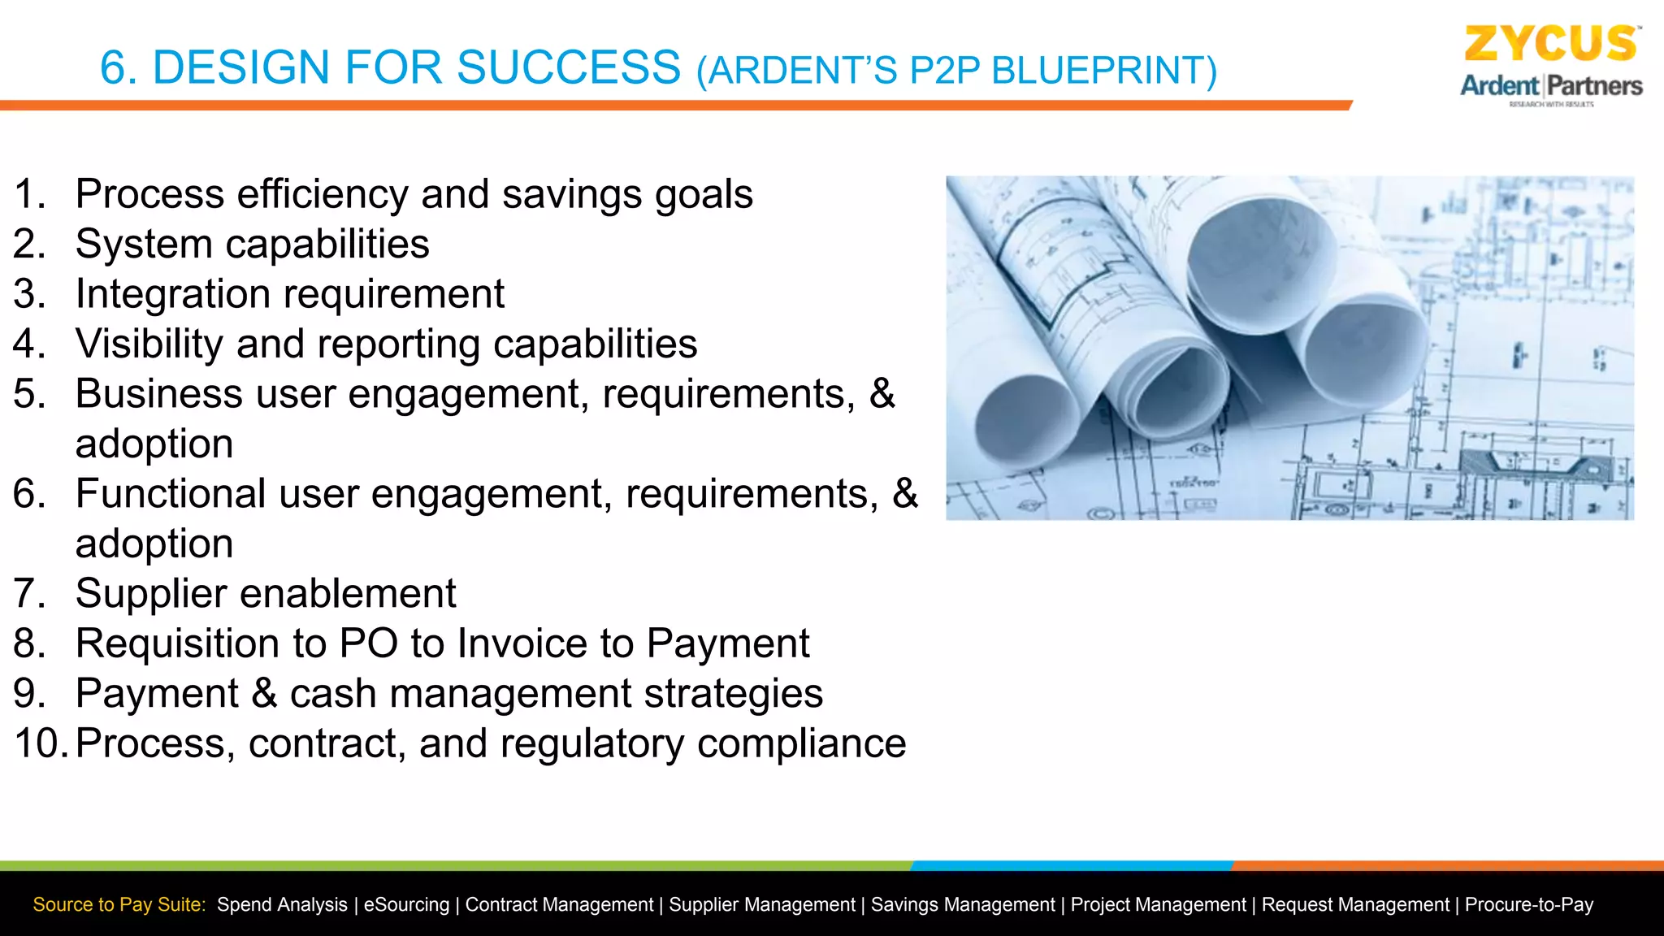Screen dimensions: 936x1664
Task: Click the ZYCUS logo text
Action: pos(1550,44)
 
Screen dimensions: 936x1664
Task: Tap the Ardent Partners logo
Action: pos(1550,86)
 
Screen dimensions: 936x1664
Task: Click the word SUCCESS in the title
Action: pos(568,67)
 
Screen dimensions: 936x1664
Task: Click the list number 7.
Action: pos(28,594)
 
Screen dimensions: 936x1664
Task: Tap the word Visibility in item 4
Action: pos(149,344)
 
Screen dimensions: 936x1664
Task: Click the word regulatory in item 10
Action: pos(591,744)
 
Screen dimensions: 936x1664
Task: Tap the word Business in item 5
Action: pos(158,394)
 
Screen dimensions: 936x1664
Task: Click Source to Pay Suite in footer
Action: pos(119,905)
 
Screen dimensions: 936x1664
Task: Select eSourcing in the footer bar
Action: pos(405,905)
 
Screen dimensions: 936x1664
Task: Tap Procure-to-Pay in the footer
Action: pos(1528,905)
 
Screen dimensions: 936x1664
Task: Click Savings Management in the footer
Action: pos(962,905)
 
